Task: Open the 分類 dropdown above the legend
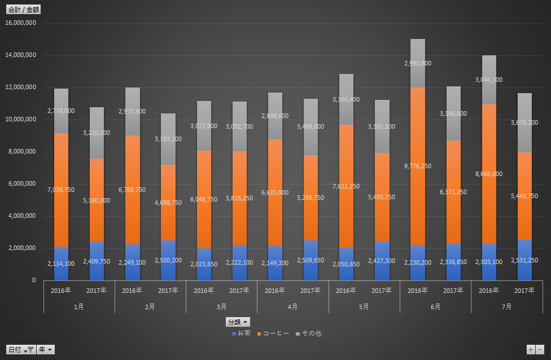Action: pos(238,322)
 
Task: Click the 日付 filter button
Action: pos(20,350)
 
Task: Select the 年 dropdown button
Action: pos(46,350)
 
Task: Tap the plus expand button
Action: pos(530,350)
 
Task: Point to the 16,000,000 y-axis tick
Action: pos(20,23)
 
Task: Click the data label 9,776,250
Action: pos(418,166)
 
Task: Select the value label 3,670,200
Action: pos(524,122)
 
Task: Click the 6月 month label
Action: pos(435,307)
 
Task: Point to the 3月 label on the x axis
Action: pos(221,307)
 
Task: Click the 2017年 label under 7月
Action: pos(524,291)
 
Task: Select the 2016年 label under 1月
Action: pos(61,291)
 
